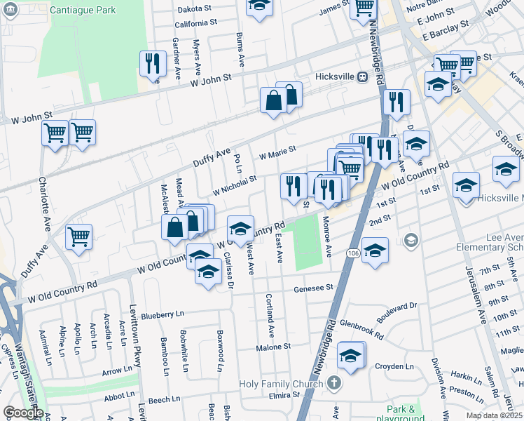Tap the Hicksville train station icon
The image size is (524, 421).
point(363,77)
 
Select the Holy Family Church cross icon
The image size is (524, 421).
point(334,383)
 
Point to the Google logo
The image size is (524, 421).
point(22,413)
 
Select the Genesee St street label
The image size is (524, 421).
point(312,288)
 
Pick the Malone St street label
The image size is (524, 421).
point(273,347)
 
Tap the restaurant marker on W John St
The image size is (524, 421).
point(151,64)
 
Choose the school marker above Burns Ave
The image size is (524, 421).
point(259,6)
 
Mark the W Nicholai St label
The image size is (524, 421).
point(235,185)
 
